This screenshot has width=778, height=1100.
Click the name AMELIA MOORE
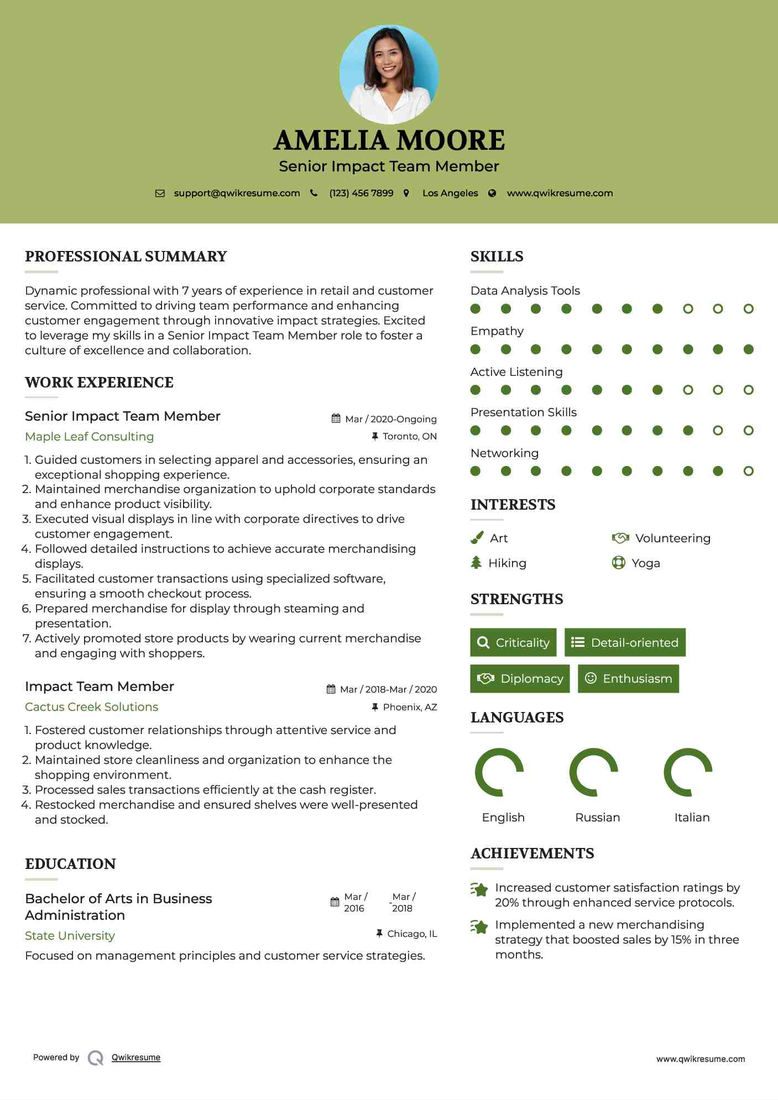click(389, 140)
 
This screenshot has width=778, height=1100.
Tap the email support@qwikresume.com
click(237, 193)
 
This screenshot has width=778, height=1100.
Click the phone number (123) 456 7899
click(361, 193)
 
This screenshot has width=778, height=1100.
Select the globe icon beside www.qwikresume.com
click(492, 193)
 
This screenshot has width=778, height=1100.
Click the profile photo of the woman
click(389, 74)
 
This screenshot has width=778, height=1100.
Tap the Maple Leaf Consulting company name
click(90, 437)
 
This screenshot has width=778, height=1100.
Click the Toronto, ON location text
click(409, 436)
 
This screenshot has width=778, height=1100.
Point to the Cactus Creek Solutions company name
click(91, 707)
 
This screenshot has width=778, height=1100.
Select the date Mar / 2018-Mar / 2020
click(388, 689)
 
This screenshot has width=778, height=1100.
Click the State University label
click(70, 936)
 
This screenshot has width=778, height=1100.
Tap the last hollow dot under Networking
click(748, 471)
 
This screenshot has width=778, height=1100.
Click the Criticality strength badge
click(513, 642)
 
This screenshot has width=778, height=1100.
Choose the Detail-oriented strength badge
click(625, 642)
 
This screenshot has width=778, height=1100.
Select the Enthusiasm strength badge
click(628, 679)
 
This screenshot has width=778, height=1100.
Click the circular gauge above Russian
click(594, 772)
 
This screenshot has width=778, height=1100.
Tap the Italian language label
click(692, 818)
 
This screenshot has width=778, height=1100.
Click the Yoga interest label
click(645, 563)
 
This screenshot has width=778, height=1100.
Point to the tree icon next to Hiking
click(476, 563)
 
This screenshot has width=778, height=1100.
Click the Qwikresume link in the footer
click(136, 1057)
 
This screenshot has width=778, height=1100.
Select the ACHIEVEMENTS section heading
click(532, 853)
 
